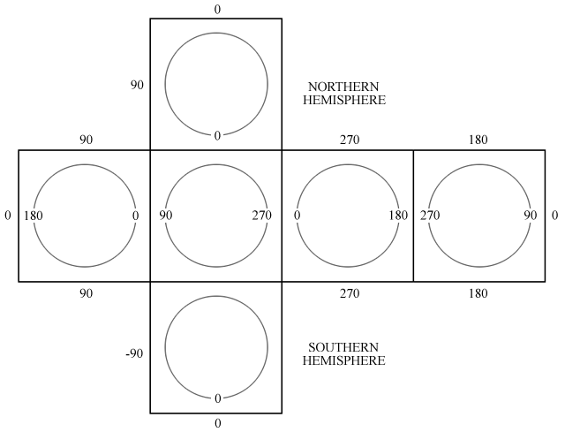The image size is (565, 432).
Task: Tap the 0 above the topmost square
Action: click(x=217, y=10)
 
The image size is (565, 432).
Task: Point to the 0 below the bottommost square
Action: click(x=217, y=423)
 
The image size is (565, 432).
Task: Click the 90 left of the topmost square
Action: click(x=136, y=86)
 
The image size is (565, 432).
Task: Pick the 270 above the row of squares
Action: click(x=348, y=140)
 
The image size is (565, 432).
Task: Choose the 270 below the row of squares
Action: click(x=348, y=292)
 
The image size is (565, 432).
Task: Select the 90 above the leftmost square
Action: click(x=86, y=140)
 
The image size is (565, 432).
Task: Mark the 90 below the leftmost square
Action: click(x=86, y=292)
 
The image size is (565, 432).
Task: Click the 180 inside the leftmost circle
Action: click(x=34, y=216)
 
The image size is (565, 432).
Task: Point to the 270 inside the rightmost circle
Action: click(x=430, y=216)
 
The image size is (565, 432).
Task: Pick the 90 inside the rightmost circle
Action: click(x=531, y=216)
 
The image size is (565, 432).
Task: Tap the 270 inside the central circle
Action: click(x=261, y=216)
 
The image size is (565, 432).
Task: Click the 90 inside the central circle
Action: click(x=165, y=216)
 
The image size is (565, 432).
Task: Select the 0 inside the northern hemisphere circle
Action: click(x=217, y=135)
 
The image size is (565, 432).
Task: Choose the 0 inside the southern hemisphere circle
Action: click(x=217, y=398)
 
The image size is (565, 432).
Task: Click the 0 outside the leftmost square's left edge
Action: click(x=7, y=216)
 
